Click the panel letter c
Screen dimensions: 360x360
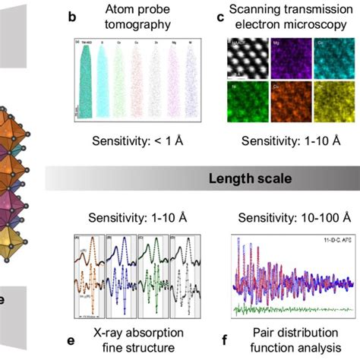coord(219,21)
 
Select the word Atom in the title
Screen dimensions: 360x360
coord(138,11)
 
